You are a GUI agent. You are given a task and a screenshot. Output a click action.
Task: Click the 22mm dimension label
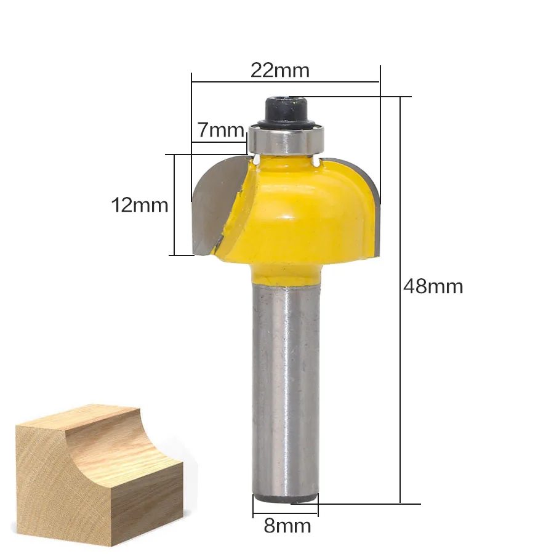click(280, 70)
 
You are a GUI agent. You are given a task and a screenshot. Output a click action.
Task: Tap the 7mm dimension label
click(220, 130)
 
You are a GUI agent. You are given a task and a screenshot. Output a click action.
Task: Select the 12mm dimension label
click(140, 205)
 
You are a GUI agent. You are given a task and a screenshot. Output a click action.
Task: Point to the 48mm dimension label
click(433, 286)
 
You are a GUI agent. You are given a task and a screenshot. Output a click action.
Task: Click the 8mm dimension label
click(287, 526)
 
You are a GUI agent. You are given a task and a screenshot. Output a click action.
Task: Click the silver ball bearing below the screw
click(286, 140)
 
